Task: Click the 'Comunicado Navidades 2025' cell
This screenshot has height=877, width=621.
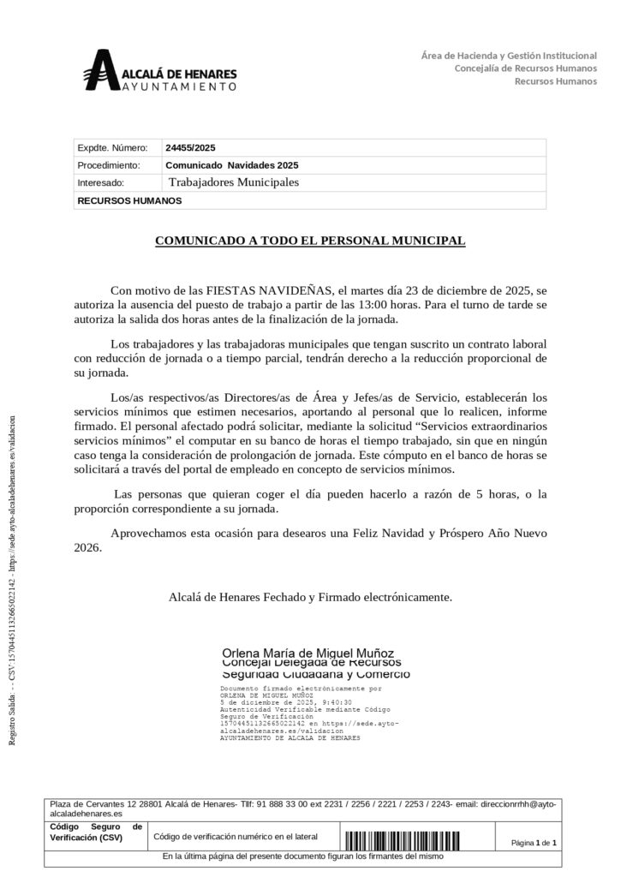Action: (231, 165)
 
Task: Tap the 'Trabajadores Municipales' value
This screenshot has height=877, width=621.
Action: (234, 182)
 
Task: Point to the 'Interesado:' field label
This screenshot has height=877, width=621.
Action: (101, 183)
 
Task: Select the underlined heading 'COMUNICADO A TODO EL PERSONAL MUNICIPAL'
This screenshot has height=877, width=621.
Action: (310, 242)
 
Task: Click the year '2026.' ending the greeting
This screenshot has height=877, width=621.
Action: (88, 548)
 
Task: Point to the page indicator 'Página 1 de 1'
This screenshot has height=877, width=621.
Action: (534, 843)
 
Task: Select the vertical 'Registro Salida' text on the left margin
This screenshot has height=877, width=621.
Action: (12, 591)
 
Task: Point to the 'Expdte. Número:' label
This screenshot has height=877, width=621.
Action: (106, 147)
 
